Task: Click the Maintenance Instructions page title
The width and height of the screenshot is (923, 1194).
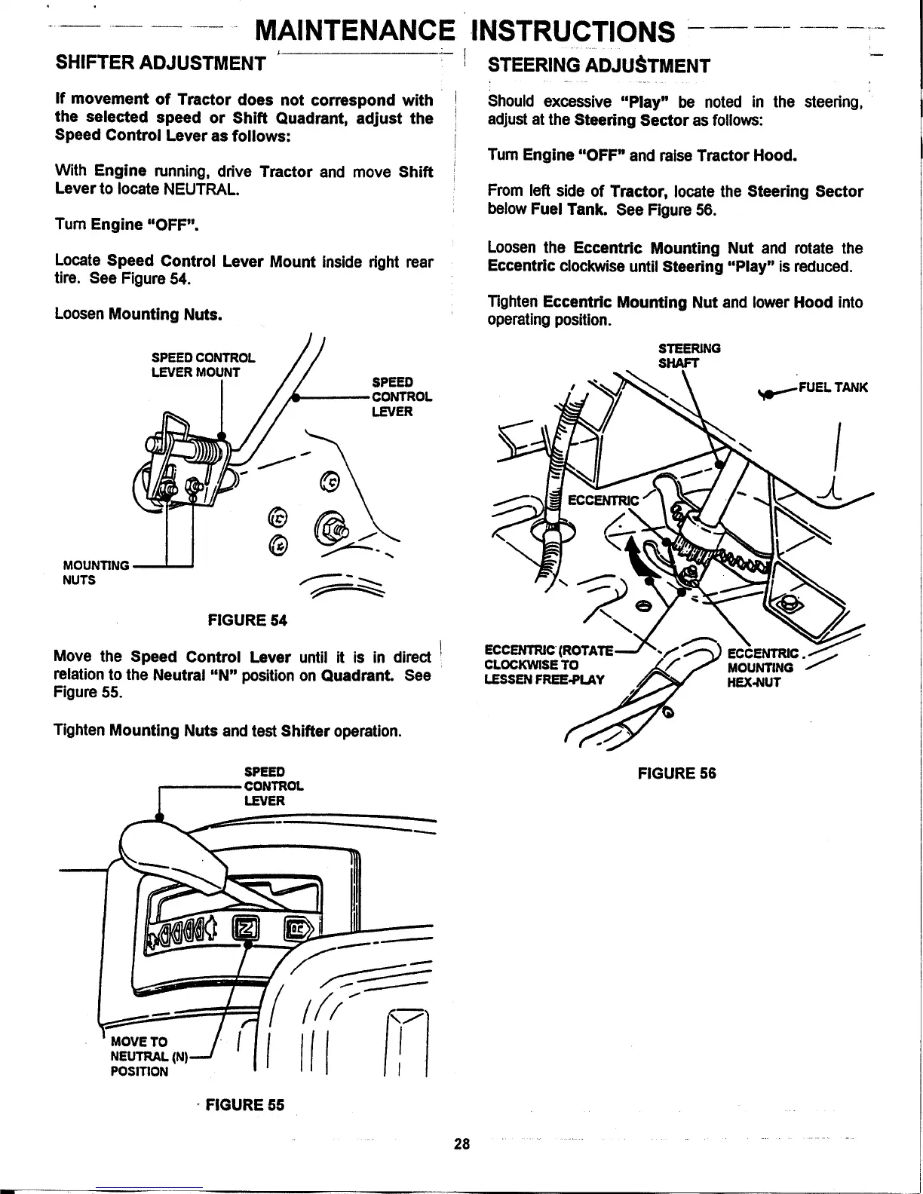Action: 466,31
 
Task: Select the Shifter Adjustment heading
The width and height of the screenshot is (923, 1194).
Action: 160,62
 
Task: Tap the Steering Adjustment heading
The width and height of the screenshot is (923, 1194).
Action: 599,64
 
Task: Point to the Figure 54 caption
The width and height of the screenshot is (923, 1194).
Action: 247,620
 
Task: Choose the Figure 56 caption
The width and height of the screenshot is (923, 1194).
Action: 676,773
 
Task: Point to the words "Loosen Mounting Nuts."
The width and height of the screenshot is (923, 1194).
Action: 138,314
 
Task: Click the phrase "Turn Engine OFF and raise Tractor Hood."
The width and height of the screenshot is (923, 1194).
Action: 642,156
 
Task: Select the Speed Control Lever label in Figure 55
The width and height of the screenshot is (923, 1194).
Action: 273,786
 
